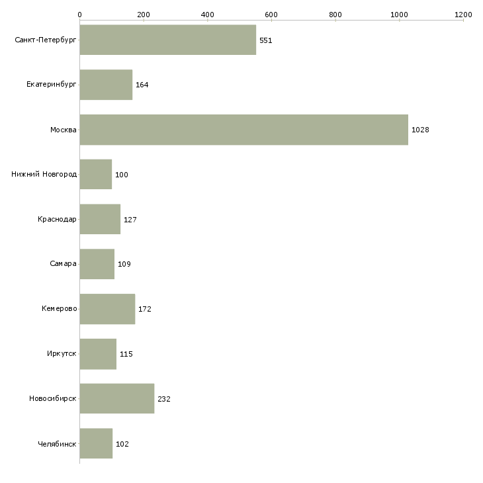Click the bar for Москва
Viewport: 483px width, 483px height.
coord(243,130)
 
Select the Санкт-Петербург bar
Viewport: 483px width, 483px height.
coord(167,40)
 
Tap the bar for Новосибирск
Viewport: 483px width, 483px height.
coord(116,398)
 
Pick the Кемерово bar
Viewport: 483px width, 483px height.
coord(107,309)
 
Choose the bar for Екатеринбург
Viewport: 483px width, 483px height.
coord(106,85)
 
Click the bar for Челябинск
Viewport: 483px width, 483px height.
coord(96,443)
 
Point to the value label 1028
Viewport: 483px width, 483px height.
coord(420,130)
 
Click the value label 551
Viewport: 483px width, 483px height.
coord(266,40)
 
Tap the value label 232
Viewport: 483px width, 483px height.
coord(164,399)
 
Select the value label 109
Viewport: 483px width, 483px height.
coord(124,264)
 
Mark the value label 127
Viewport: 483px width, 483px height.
coord(130,220)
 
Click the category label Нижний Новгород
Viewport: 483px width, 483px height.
coord(44,175)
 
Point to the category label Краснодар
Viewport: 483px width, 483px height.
coord(57,219)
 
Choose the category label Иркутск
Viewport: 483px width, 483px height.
coord(60,354)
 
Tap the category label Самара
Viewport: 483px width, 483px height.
coord(63,264)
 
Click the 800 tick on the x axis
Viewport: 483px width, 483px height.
coord(335,14)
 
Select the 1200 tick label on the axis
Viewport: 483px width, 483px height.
coord(463,14)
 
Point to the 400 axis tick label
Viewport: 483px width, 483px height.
coord(207,14)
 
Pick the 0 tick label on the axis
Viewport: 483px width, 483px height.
coord(79,14)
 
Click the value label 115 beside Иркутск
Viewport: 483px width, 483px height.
coord(126,354)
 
